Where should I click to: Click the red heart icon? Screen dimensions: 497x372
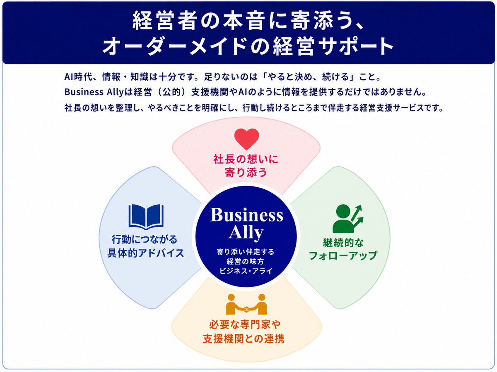(x=246, y=139)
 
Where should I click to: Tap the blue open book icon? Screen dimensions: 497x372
(x=146, y=217)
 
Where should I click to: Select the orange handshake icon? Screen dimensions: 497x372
(x=246, y=304)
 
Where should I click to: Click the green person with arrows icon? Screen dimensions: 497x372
(x=348, y=218)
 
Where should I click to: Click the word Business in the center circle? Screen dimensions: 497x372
(x=246, y=215)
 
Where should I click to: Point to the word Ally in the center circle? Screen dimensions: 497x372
(x=246, y=233)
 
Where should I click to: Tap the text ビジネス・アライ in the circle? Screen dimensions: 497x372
(x=246, y=271)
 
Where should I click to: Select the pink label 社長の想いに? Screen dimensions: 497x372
(x=246, y=159)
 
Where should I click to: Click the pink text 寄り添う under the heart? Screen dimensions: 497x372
(x=246, y=172)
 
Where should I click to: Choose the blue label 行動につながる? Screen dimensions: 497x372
(x=145, y=239)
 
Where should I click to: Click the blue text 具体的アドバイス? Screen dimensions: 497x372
(x=146, y=253)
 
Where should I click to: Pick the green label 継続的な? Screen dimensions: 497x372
(x=343, y=243)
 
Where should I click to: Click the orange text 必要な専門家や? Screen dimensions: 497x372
(x=245, y=325)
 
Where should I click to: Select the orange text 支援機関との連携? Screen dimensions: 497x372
(x=244, y=339)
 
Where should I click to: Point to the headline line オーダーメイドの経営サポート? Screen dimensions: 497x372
(x=248, y=46)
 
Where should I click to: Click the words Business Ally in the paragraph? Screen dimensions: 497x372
(x=94, y=92)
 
